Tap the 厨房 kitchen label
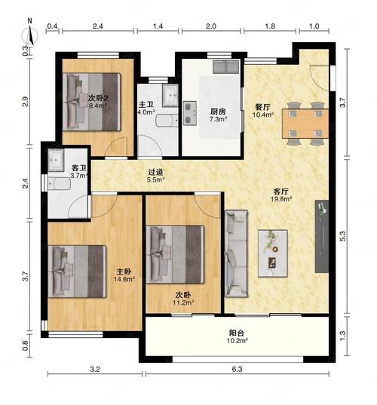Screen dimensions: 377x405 tap(218, 112)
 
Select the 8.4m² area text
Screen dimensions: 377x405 tap(98, 106)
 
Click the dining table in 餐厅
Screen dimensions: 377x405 tap(305, 124)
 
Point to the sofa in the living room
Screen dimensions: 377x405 tap(236, 253)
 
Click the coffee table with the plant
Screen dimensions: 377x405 tap(273, 253)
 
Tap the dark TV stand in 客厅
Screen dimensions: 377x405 tap(322, 236)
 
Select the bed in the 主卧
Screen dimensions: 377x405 tap(77, 272)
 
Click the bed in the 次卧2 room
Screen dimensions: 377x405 tap(92, 102)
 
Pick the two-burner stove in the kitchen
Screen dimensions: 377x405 tap(190, 113)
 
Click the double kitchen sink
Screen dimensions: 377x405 tap(226, 67)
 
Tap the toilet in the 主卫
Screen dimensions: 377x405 tap(167, 121)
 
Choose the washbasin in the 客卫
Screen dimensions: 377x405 tap(56, 160)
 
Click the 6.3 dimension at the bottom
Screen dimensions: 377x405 tap(237, 369)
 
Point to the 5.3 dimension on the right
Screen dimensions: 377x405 tap(342, 236)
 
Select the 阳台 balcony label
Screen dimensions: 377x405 tap(237, 333)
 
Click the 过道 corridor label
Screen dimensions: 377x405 tap(156, 172)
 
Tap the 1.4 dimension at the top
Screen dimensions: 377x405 tap(158, 26)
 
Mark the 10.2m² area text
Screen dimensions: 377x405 tap(237, 341)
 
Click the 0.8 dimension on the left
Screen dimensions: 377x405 tap(25, 345)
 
